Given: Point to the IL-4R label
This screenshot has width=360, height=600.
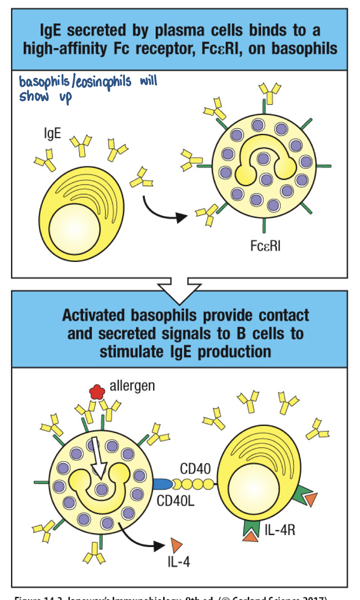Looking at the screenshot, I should click(280, 530).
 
